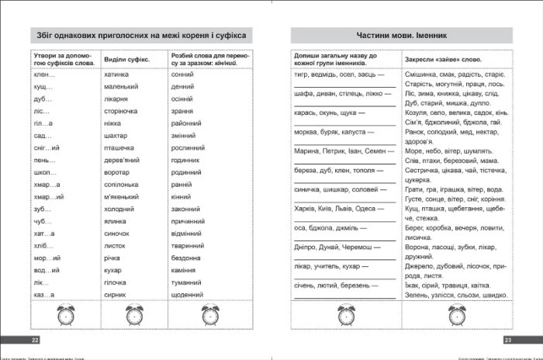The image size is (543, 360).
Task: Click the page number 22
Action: point(35,341)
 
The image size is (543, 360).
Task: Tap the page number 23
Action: point(508,341)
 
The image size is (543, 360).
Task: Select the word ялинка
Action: point(114,221)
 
